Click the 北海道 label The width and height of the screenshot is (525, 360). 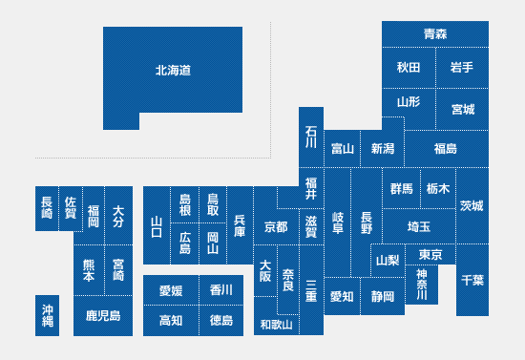coord(173,71)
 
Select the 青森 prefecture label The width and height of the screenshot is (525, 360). coord(435,33)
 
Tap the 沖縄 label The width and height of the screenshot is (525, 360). coord(48,315)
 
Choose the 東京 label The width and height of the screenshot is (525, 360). coord(430,255)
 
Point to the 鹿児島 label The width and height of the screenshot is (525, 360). coord(103,315)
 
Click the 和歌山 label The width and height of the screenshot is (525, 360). coord(276,325)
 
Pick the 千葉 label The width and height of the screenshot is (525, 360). coord(472,280)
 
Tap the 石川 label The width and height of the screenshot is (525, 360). coord(311,137)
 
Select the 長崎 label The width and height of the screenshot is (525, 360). coord(47,207)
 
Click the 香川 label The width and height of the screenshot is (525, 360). coord(221,289)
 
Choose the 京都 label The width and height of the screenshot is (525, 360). coord(276,227)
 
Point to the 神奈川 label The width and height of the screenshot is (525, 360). coord(422,285)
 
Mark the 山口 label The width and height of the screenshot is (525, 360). coord(157,226)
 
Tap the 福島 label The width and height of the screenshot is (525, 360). coord(446,148)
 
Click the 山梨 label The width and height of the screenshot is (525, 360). coord(388,260)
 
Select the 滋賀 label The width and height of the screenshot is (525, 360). coord(311,226)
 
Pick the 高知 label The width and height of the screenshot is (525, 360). coord(171,321)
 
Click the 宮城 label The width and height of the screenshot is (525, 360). coord(463,109)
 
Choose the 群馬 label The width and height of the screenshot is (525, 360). coord(402,189)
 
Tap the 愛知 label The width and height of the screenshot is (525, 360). coord(342,296)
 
